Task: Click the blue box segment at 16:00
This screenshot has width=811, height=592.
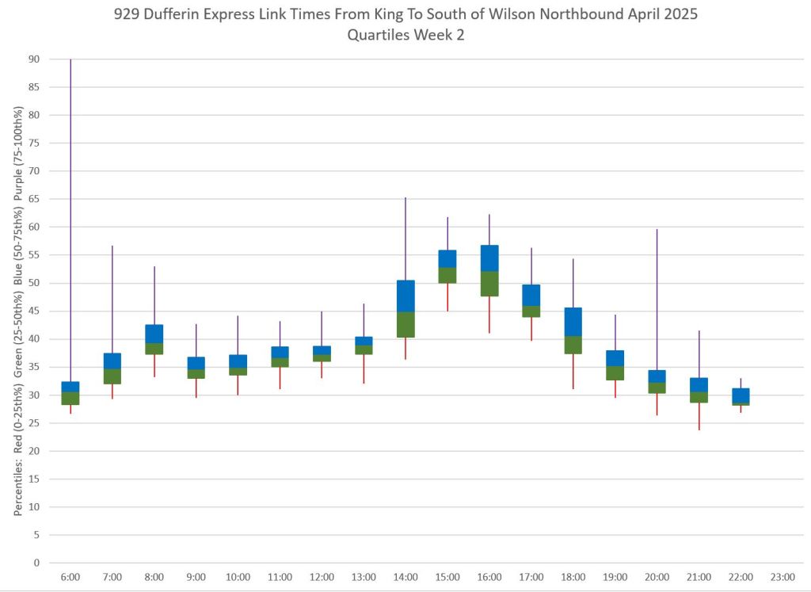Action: [x=489, y=258]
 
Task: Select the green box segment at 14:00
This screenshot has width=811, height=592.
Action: [x=405, y=325]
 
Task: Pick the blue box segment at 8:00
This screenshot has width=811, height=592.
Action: [x=154, y=334]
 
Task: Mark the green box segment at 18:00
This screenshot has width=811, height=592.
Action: [x=573, y=345]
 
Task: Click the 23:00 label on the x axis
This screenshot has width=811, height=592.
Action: [x=782, y=577]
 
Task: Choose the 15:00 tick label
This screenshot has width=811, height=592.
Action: [x=447, y=577]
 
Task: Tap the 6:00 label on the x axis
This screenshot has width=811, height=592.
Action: [x=70, y=577]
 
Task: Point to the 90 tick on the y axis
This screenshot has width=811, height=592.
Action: [x=34, y=59]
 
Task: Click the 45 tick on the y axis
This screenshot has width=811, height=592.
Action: [x=34, y=311]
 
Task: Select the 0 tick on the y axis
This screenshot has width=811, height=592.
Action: [x=36, y=563]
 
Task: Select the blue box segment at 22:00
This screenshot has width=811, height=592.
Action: [x=741, y=395]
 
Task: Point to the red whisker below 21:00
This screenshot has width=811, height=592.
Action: [x=699, y=416]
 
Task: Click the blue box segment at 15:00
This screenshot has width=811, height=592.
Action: [x=447, y=259]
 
